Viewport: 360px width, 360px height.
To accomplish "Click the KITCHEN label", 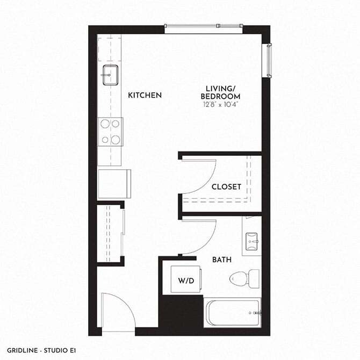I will point(145,96).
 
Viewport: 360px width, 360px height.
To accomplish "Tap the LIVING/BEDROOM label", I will point(221,92).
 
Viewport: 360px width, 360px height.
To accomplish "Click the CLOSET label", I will point(226,187).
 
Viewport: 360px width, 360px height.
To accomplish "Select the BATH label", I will point(222,260).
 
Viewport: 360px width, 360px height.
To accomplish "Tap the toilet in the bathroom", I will point(244,278).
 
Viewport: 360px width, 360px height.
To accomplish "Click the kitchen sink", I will point(110,75).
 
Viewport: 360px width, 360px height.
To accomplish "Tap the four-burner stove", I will point(111,132).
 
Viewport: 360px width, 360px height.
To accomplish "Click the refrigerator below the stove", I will point(114,183).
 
